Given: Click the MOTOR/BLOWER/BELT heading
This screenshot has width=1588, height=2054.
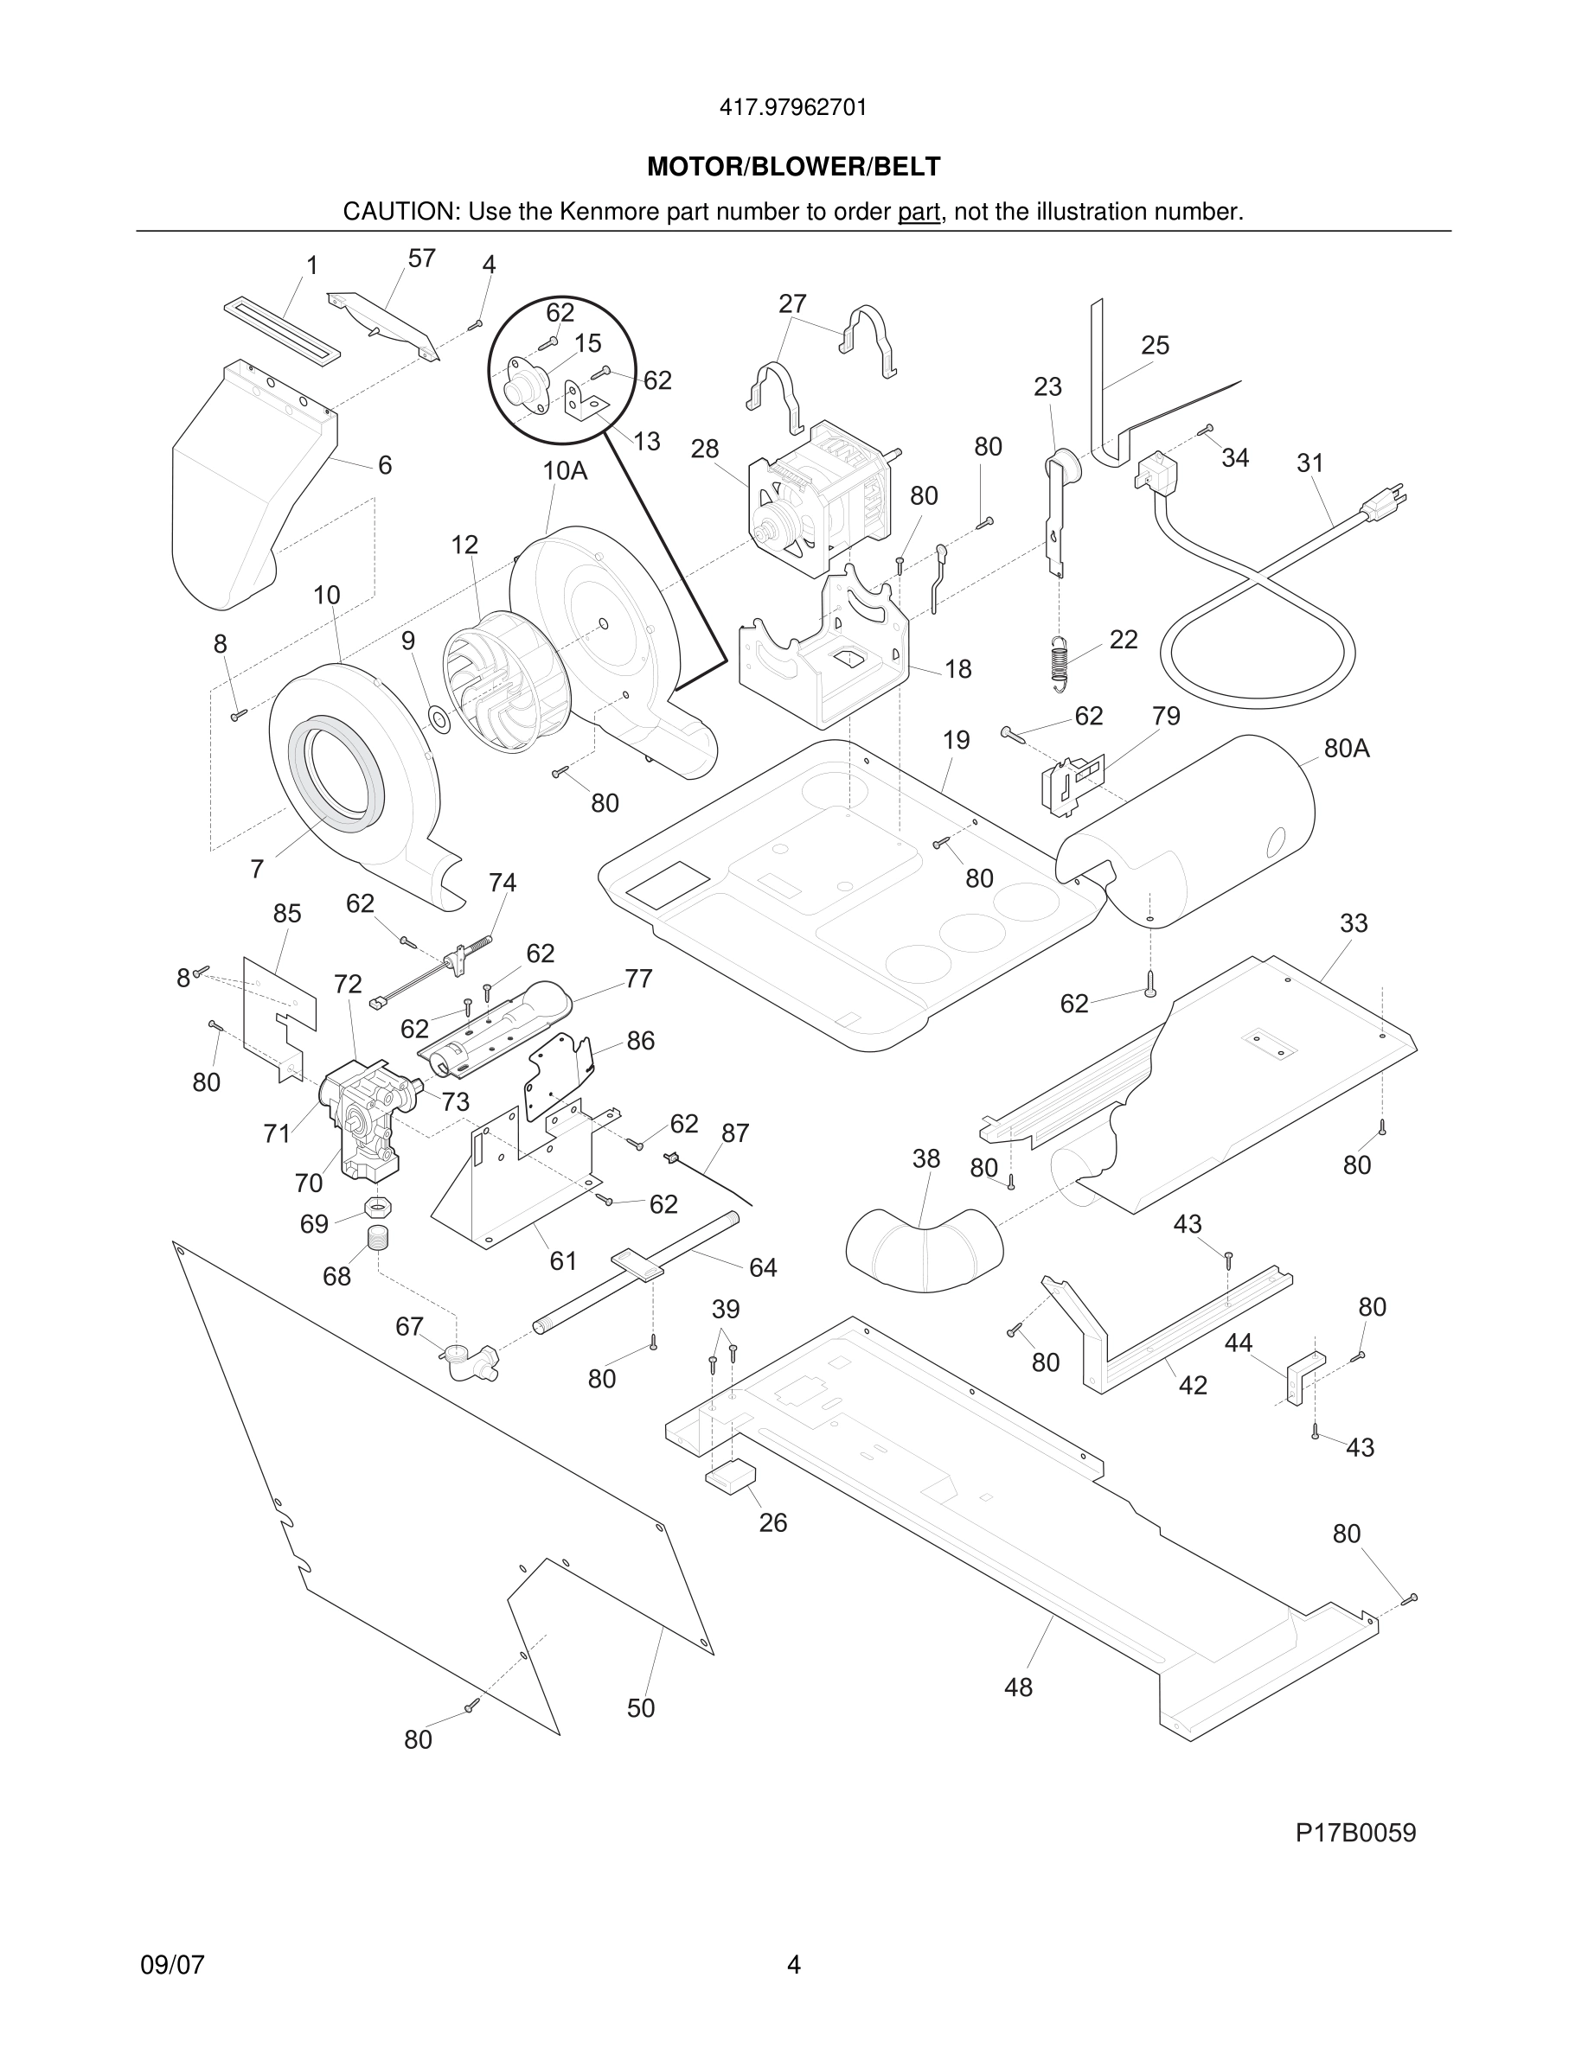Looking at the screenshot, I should pos(793,167).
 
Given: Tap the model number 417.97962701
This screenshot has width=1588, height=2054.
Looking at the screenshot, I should pos(793,108).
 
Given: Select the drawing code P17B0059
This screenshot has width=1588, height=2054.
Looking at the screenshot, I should pos(1354,1833).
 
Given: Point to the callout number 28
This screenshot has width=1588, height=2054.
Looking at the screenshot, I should pos(705,450).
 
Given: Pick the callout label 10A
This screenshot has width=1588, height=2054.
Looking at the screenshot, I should pos(565,471).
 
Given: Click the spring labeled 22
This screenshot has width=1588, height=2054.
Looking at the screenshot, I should pos(1060,662).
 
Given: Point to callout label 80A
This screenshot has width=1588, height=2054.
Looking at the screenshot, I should pos(1346,749).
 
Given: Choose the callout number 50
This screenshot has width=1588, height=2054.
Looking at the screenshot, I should pos(641,1708).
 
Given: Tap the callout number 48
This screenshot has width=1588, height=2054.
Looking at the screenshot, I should pos(1018,1687).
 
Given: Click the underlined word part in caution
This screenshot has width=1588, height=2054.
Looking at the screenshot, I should pos(919,213).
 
